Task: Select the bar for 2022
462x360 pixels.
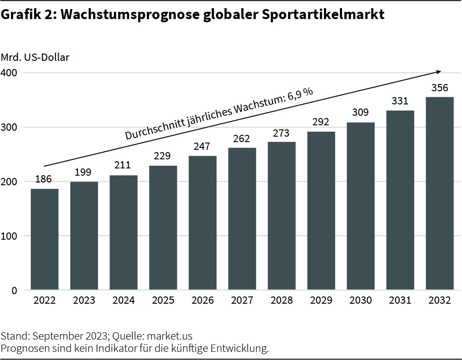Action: click(45, 239)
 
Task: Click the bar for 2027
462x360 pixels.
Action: click(242, 219)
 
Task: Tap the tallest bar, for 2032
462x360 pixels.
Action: click(440, 193)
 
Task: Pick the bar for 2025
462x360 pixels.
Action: click(163, 227)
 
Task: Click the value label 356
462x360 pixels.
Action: click(440, 88)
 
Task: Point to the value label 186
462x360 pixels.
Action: click(44, 179)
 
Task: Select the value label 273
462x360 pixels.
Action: click(282, 133)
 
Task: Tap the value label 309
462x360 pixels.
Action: click(360, 112)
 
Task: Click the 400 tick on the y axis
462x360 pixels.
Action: click(10, 73)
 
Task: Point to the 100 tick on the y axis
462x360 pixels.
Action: click(10, 236)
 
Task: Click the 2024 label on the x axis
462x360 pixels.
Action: click(124, 301)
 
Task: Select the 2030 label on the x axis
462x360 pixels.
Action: click(360, 301)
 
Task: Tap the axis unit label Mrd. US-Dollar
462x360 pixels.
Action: click(35, 57)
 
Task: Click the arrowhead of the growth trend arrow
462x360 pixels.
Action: click(438, 71)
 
